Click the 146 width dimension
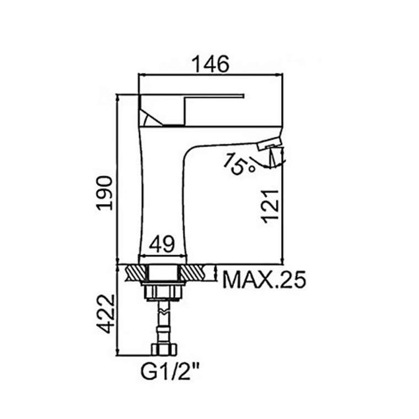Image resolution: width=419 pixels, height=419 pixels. click(x=211, y=64)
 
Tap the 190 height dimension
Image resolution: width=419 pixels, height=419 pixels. click(x=105, y=193)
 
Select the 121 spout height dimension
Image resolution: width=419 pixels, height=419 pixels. click(x=271, y=206)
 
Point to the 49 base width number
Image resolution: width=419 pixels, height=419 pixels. click(x=162, y=244)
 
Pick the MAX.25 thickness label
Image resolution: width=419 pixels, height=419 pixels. click(x=264, y=280)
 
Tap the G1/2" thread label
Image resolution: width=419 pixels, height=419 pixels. click(x=170, y=372)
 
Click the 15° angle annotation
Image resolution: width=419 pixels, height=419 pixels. click(x=239, y=164)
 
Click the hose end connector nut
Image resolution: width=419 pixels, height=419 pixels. click(x=164, y=350)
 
